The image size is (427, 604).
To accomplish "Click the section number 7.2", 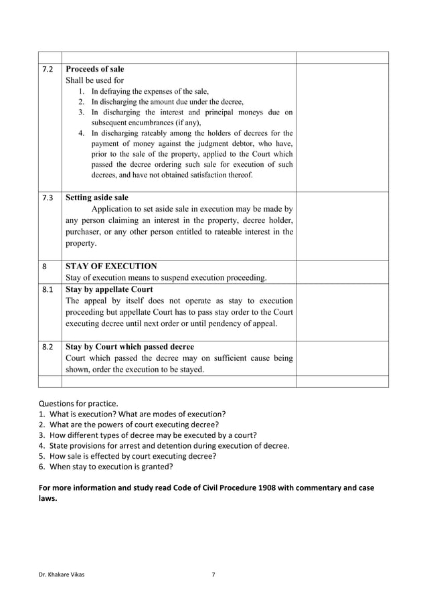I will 47,70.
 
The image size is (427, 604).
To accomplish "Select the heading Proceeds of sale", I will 94,70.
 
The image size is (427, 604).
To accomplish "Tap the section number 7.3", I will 47,198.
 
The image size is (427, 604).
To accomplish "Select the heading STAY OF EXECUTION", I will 111,267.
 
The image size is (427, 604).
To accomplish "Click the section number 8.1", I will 47,290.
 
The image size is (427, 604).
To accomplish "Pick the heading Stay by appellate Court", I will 109,290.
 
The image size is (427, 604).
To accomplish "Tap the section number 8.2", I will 47,347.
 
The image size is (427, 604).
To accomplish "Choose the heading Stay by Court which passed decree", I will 130,347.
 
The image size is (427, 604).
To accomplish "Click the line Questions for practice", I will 78,403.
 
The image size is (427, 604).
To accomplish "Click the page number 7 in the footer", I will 213,575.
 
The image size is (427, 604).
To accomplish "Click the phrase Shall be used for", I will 94,80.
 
